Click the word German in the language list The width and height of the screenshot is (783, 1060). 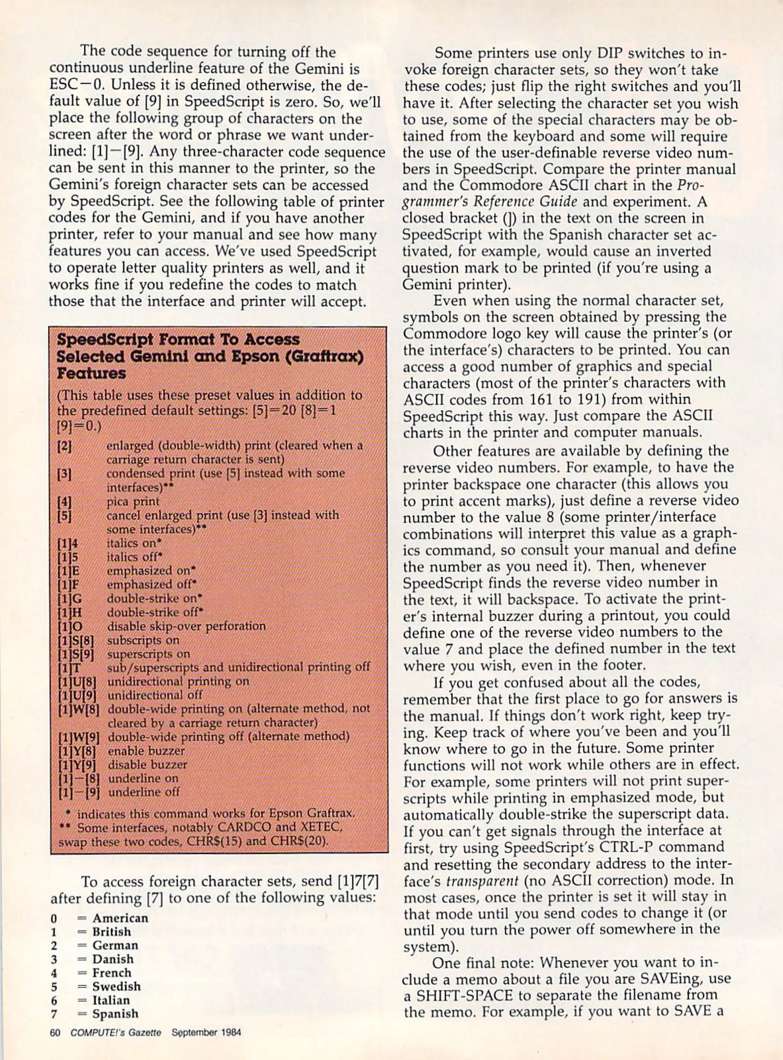(115, 945)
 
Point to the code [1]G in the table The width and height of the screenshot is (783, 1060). (69, 599)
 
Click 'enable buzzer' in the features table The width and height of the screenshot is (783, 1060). (146, 751)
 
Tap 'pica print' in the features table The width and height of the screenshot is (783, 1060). (133, 502)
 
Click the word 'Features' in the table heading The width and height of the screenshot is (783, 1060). (91, 373)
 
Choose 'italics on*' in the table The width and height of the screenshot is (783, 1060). (134, 543)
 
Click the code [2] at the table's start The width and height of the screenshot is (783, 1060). (64, 447)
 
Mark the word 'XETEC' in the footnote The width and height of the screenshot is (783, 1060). (320, 827)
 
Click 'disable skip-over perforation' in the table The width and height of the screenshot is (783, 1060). (186, 626)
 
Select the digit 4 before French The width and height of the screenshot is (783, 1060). (53, 973)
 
